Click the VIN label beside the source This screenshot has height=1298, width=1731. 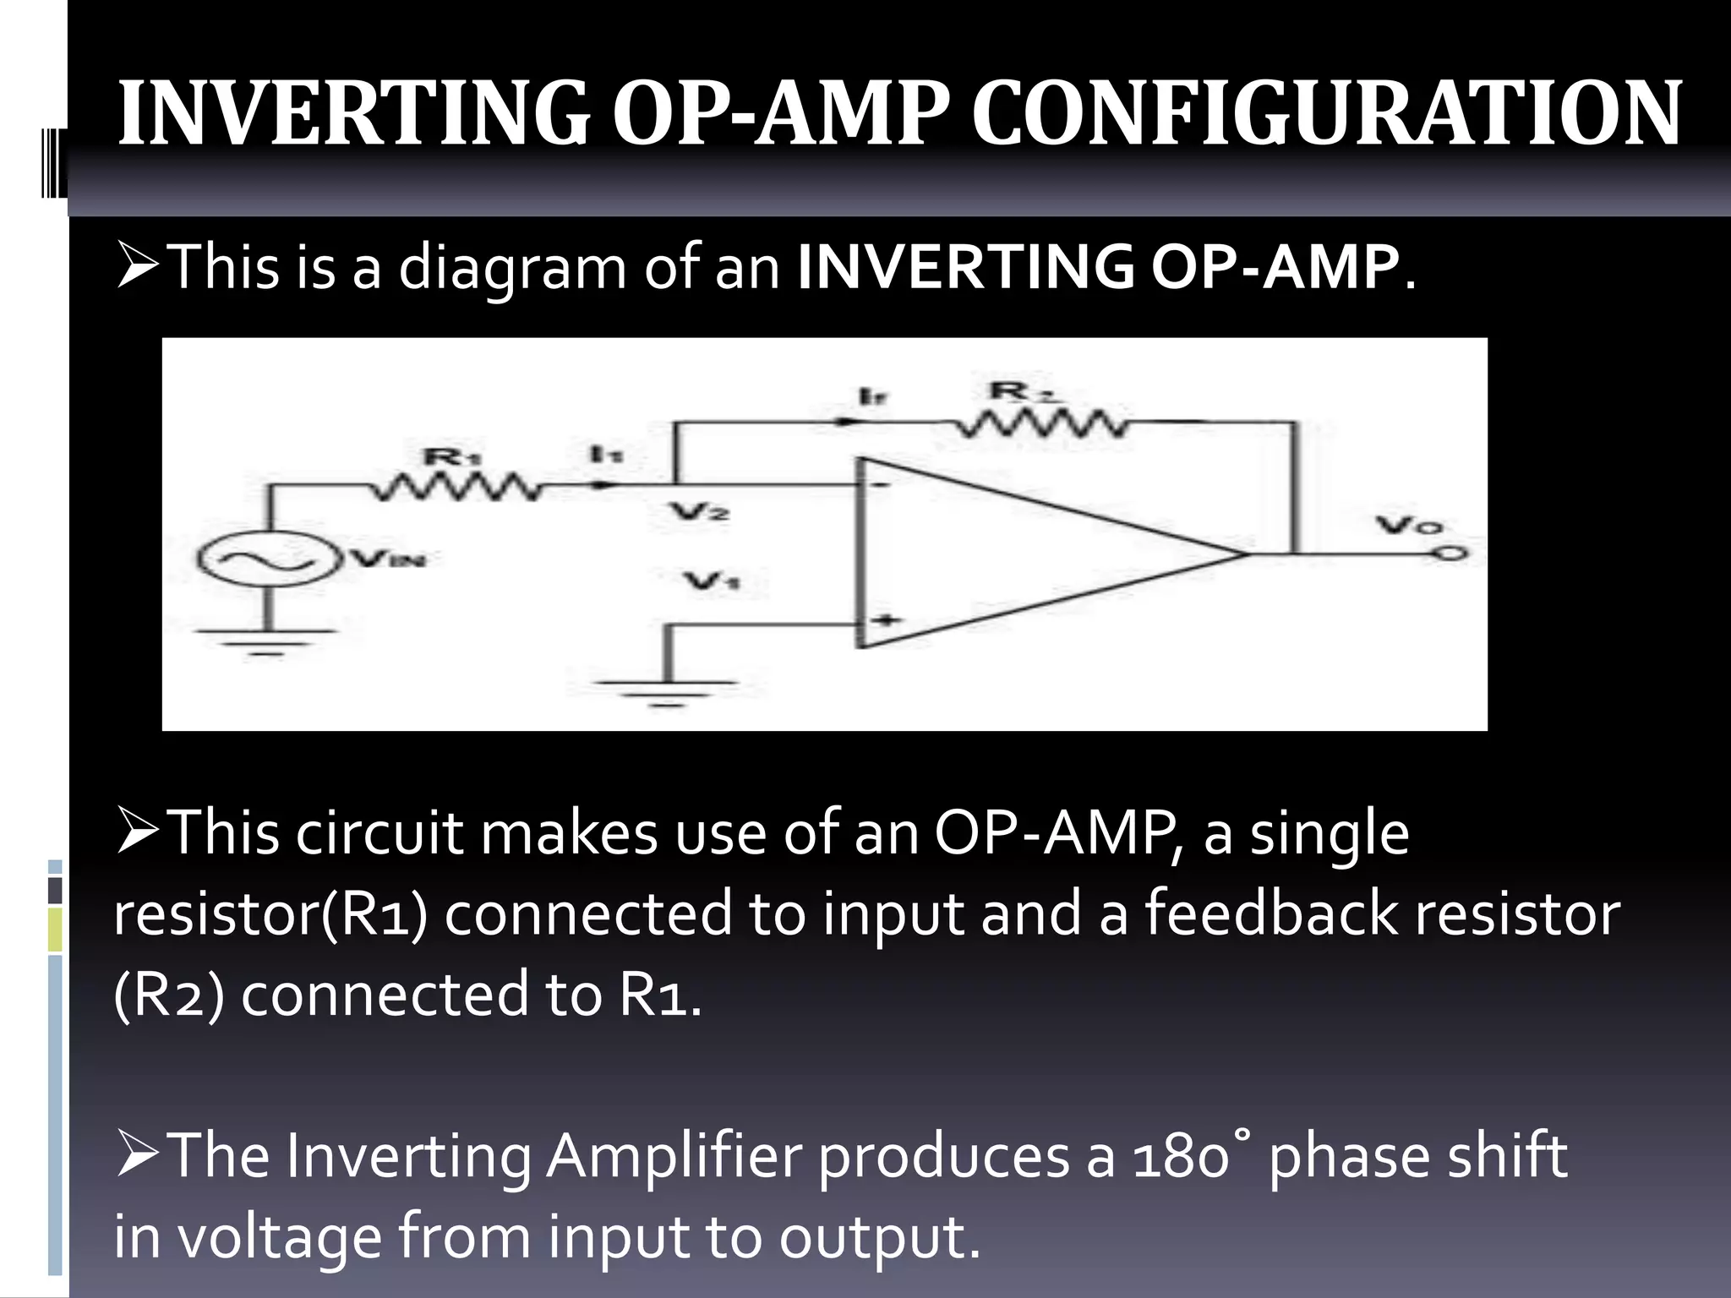coord(390,559)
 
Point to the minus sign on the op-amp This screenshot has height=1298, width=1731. coord(879,485)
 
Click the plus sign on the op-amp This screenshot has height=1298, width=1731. coord(886,621)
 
